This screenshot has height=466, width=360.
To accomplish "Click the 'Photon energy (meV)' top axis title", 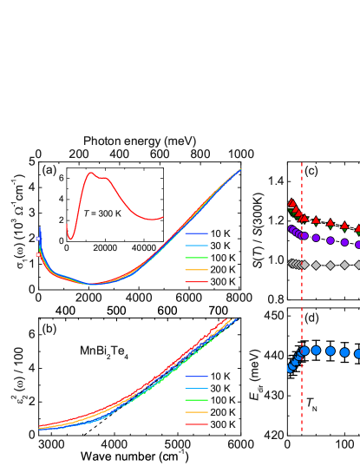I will (139, 140).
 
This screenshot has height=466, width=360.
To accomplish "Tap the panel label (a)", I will (49, 170).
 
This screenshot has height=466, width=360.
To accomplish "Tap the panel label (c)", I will (311, 170).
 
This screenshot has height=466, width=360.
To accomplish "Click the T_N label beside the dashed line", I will (311, 405).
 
